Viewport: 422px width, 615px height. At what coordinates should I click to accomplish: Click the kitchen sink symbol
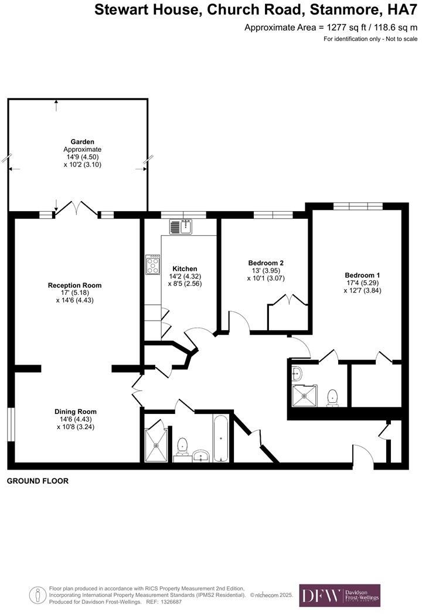tap(181, 226)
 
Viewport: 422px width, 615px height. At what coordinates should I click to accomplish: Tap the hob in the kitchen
tap(153, 265)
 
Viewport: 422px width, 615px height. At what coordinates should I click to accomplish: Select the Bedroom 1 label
tap(362, 276)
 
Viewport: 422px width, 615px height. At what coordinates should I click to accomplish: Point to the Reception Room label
tap(74, 286)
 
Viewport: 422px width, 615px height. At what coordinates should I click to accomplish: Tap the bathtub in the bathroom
tap(220, 439)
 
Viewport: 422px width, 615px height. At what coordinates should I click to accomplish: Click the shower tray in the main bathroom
tap(156, 444)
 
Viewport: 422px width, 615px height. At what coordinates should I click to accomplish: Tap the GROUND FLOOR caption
tap(38, 481)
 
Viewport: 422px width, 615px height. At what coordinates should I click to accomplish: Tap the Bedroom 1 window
tap(358, 206)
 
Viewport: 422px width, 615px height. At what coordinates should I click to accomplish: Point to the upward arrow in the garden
tap(56, 104)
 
